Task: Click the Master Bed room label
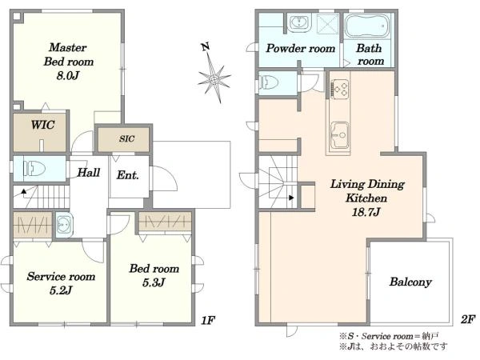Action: tap(68, 62)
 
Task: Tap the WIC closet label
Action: tap(43, 125)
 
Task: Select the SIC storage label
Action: tap(126, 138)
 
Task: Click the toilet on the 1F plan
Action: tap(34, 169)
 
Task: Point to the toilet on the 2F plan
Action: tap(269, 82)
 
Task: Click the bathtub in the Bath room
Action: tap(367, 26)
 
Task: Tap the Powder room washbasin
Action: tap(298, 22)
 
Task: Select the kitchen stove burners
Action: tap(339, 89)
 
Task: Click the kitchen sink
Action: tap(340, 135)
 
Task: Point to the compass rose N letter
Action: tap(206, 47)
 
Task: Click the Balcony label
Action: tap(410, 282)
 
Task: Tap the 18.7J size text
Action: tap(366, 212)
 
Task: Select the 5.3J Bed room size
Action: tap(154, 282)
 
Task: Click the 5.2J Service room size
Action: tap(61, 290)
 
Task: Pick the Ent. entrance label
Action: tap(128, 175)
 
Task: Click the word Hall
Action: tap(89, 172)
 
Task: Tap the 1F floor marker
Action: tap(208, 321)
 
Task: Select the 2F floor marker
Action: tap(468, 319)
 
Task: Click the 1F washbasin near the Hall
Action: tap(64, 225)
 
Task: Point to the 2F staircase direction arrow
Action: tap(291, 198)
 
